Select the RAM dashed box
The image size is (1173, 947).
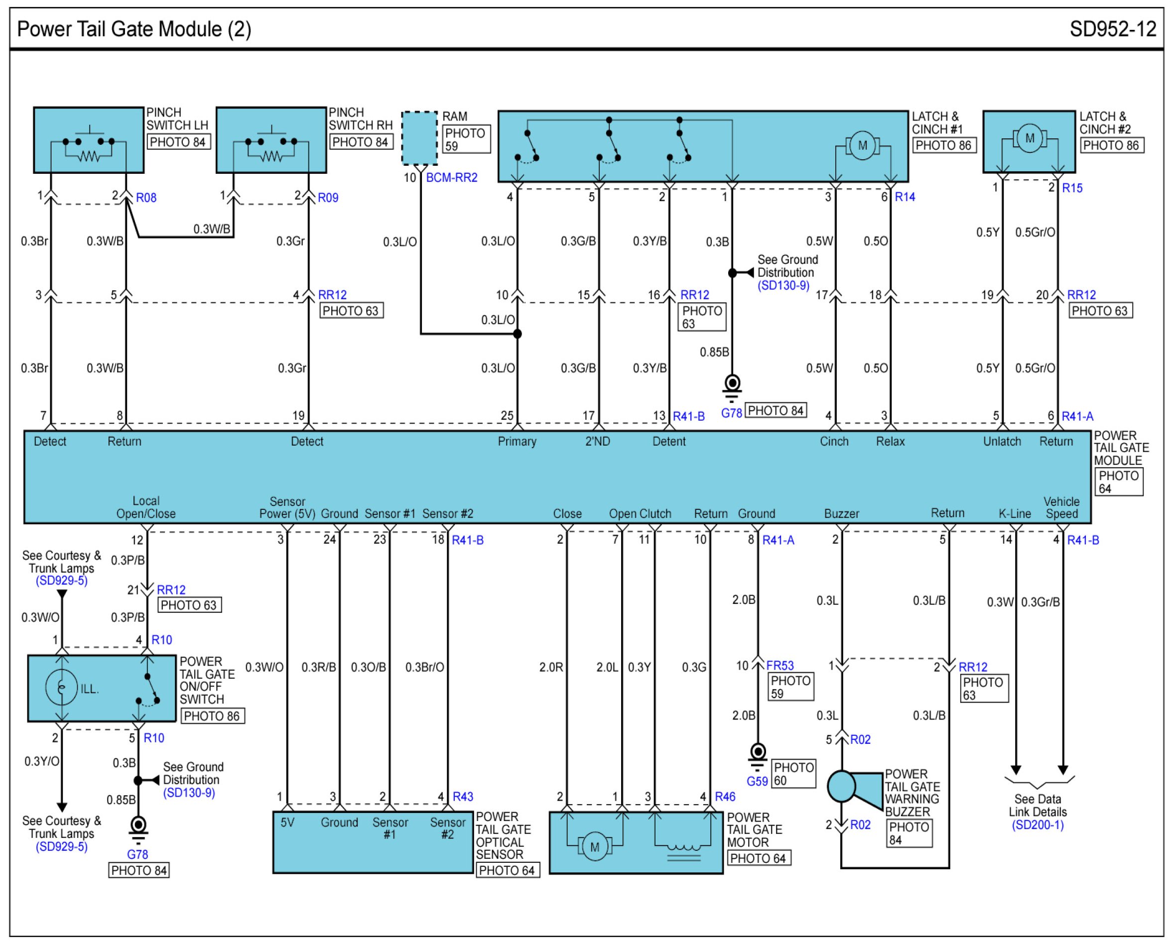[419, 137]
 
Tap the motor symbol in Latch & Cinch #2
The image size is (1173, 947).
[1029, 138]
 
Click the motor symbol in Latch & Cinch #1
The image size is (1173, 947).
[862, 146]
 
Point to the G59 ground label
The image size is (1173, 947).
[757, 781]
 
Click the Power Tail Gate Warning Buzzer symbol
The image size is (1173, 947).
[854, 787]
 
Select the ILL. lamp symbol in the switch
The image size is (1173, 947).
[61, 688]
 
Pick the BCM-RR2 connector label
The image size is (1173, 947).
[451, 178]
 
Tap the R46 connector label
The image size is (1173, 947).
[725, 797]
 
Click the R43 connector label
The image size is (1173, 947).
[463, 797]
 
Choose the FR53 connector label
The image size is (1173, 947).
[780, 666]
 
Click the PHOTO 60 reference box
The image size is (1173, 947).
[793, 774]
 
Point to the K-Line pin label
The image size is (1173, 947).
[1014, 513]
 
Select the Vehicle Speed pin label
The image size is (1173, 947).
[1061, 507]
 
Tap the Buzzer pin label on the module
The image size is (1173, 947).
[841, 513]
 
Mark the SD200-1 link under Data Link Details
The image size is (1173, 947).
[1037, 825]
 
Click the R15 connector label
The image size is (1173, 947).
[1071, 188]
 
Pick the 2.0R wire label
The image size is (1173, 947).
[550, 667]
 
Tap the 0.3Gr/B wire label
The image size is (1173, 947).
[1040, 602]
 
